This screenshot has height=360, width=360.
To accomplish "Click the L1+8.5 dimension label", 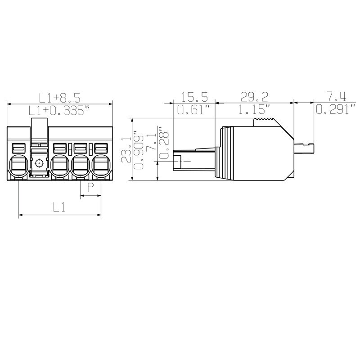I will (59, 98).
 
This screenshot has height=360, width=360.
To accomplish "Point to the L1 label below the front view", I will (59, 208).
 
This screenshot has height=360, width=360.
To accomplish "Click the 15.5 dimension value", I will (194, 97).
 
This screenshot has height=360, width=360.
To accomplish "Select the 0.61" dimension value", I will (193, 110).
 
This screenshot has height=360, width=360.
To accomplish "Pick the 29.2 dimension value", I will (254, 97).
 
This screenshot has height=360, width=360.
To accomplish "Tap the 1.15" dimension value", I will (254, 110).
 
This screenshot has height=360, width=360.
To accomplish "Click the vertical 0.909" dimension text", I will (139, 150).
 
